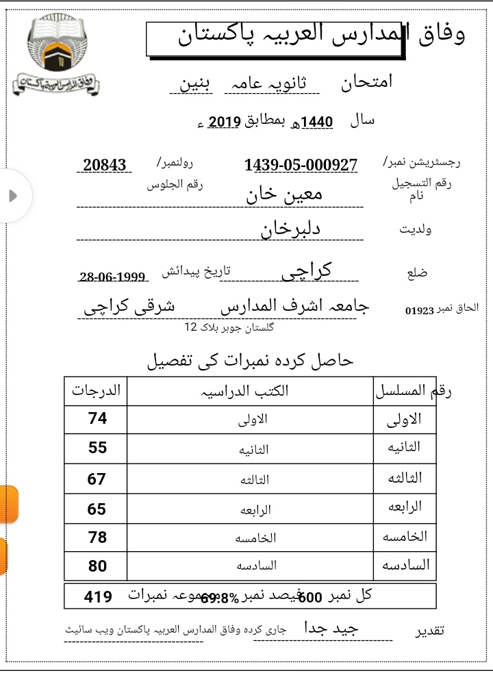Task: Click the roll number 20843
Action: tap(105, 165)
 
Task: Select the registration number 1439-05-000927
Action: tap(301, 165)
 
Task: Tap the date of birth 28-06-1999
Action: tap(113, 277)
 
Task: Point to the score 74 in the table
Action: tap(97, 418)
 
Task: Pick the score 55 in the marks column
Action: tap(97, 448)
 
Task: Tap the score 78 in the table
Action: tap(97, 537)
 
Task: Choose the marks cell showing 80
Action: tap(97, 566)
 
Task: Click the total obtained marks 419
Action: tap(98, 597)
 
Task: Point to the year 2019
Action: tap(224, 122)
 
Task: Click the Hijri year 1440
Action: tap(316, 122)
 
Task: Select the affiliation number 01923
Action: tap(420, 310)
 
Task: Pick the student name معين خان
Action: tap(284, 194)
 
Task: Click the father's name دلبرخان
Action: tap(290, 229)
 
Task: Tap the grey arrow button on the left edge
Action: tap(12, 196)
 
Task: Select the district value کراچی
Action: tap(306, 270)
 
